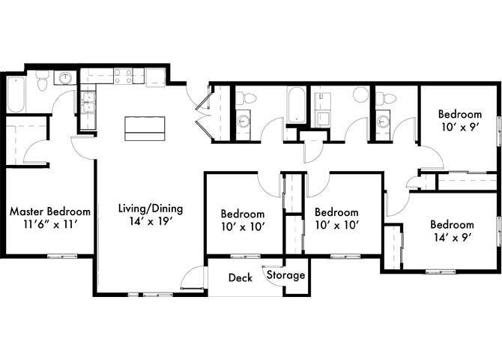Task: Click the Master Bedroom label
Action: [49, 212]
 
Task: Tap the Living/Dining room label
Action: [151, 209]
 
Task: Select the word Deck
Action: [240, 278]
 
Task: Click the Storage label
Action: [286, 275]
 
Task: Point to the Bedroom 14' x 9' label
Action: [451, 225]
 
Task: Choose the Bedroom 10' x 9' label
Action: [459, 114]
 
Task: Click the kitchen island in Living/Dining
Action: [145, 127]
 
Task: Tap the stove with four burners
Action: [123, 75]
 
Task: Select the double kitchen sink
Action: [88, 100]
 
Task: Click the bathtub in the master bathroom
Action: [15, 94]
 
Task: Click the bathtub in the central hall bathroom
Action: [295, 106]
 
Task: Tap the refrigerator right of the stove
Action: [156, 76]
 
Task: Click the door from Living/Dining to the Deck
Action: [193, 279]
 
